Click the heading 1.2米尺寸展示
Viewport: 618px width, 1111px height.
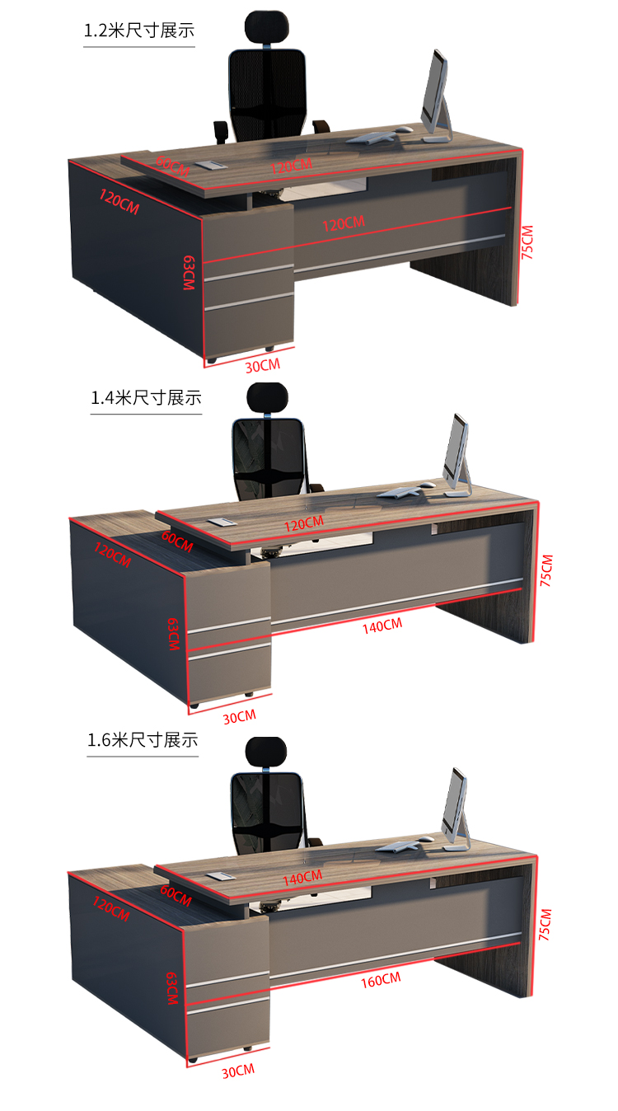[x=139, y=30]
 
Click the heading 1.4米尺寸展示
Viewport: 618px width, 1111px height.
[x=146, y=398]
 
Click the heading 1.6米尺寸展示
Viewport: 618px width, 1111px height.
[x=143, y=740]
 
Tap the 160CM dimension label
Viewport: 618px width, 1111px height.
[x=381, y=980]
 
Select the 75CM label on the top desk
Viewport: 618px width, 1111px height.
[x=527, y=242]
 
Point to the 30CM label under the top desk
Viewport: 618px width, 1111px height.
[x=263, y=366]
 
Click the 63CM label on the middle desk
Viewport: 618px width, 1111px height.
[x=173, y=634]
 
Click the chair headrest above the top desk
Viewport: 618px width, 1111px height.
[x=267, y=26]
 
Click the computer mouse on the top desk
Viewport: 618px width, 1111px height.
[x=404, y=129]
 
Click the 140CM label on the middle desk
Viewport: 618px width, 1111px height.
[x=382, y=626]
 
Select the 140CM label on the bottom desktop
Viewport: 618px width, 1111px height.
[x=302, y=878]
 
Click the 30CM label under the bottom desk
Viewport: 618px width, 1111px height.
[x=238, y=1071]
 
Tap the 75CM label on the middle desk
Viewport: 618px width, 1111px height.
[x=546, y=570]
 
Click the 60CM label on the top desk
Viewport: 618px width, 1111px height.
[x=172, y=166]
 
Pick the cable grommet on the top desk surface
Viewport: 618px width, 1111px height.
[x=211, y=165]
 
